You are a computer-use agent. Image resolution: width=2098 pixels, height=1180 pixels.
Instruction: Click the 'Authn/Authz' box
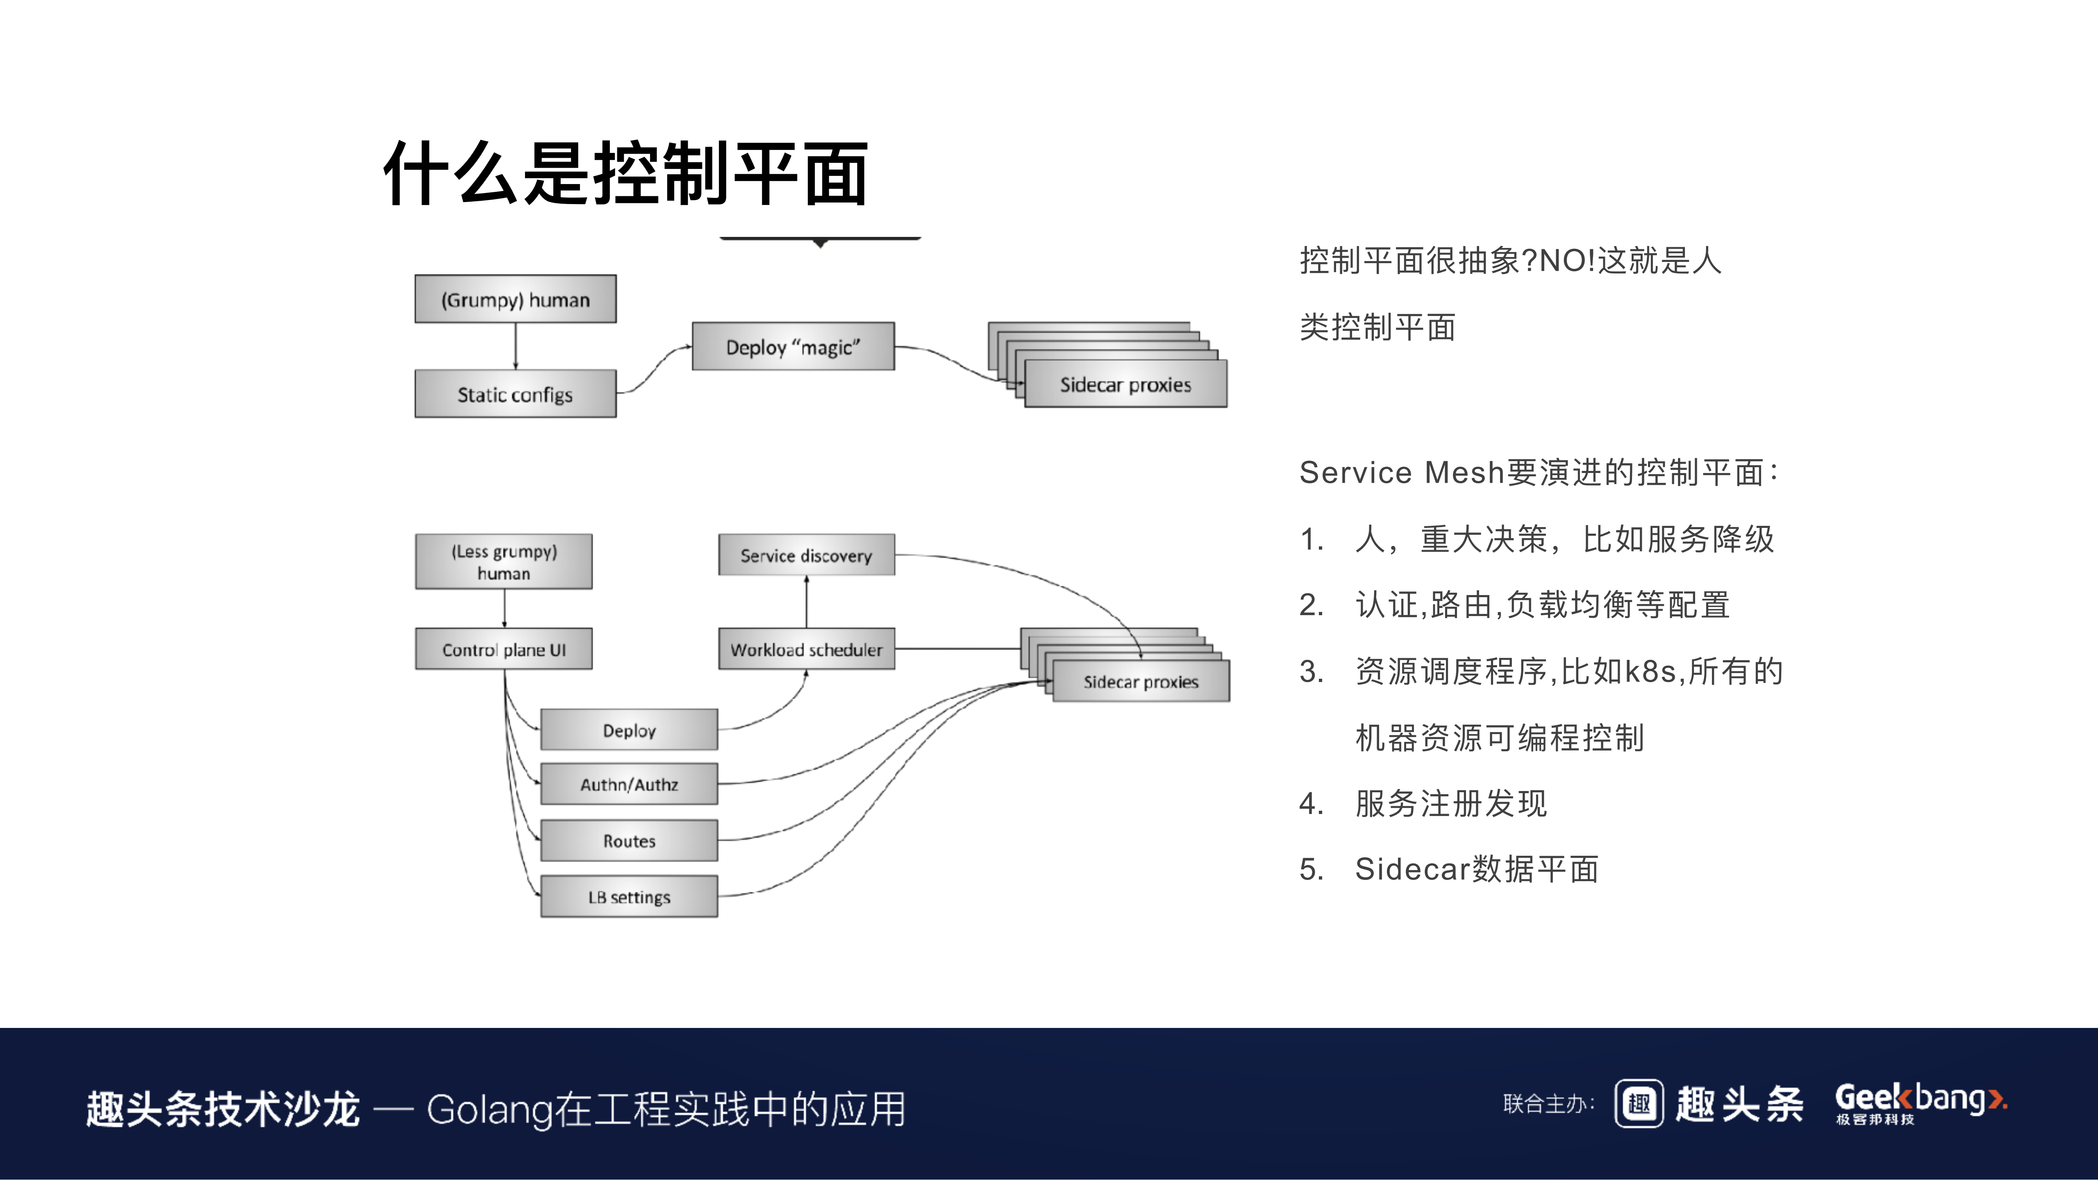(x=629, y=784)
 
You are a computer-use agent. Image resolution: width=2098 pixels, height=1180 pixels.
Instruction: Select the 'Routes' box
(x=629, y=840)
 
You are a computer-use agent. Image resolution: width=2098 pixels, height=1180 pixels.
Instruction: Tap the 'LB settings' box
(x=629, y=897)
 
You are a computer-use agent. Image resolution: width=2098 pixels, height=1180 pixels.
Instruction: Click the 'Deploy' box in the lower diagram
(x=629, y=730)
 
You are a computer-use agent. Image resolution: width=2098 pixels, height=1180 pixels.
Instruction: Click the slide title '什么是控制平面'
(x=625, y=173)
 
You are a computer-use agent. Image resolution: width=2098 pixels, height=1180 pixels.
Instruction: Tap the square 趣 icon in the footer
(x=1639, y=1103)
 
